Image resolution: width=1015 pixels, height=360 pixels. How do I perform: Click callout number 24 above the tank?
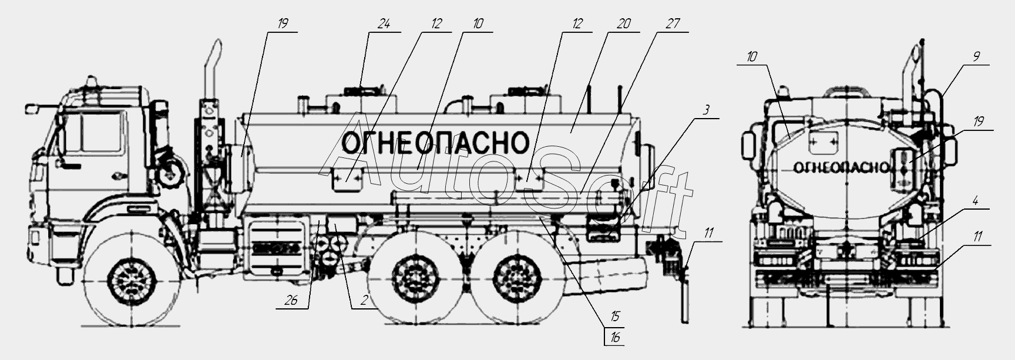pos(384,25)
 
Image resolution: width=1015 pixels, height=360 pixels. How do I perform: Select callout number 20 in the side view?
pos(624,24)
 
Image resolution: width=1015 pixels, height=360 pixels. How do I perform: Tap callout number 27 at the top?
pos(673,24)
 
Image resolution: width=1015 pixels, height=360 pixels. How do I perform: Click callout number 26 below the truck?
pos(291,301)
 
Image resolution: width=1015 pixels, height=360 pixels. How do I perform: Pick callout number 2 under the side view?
pos(364,301)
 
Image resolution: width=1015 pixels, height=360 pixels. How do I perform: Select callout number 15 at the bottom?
pos(614,318)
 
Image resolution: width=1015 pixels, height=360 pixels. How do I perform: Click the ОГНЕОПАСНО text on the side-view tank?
pos(435,142)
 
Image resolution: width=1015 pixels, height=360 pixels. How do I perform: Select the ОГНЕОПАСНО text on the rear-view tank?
pos(841,168)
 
